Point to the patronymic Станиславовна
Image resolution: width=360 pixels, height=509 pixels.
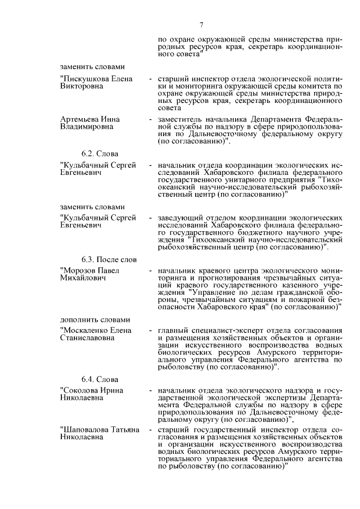87,337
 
